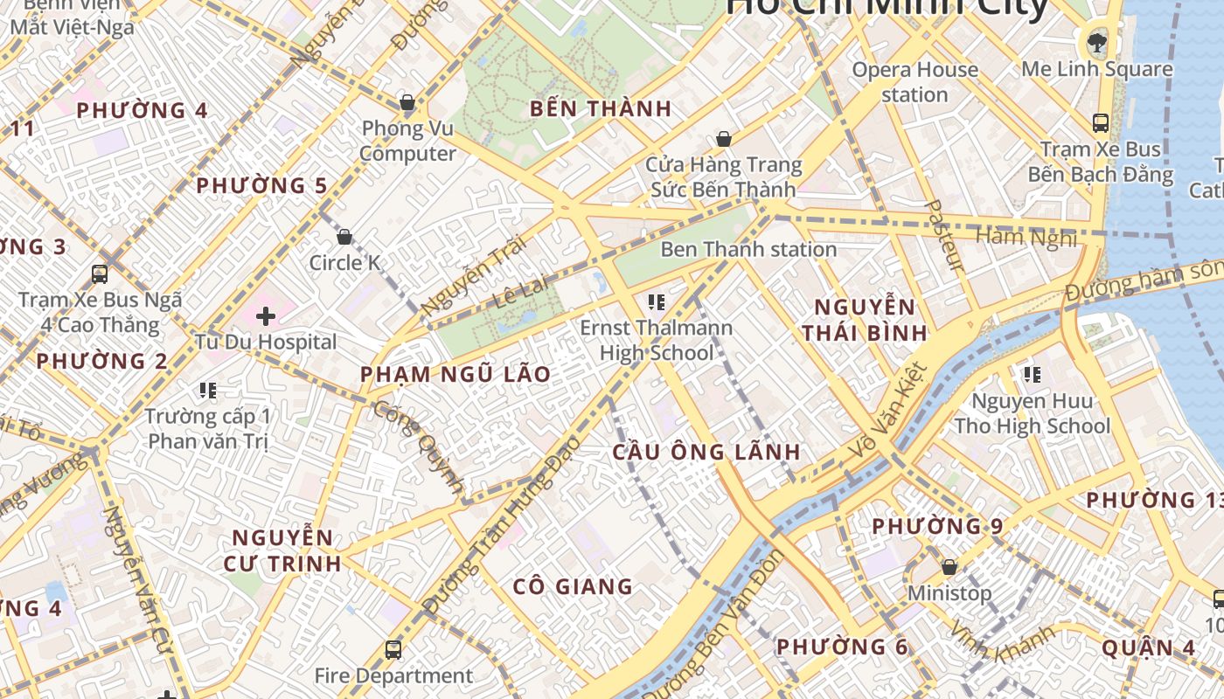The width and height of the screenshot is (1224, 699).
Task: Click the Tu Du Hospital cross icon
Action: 266,316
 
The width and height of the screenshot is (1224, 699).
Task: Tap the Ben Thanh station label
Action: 748,250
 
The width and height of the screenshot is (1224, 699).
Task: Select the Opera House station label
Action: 915,82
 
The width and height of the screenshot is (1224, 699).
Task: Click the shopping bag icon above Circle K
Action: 344,237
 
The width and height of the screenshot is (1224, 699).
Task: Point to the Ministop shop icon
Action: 949,568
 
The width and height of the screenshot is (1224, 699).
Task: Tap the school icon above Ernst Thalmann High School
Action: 656,303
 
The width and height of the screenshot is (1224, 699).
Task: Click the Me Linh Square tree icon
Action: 1095,41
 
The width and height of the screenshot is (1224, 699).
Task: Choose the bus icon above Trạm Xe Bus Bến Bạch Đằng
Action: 1100,123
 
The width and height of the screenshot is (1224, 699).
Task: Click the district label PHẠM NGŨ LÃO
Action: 456,375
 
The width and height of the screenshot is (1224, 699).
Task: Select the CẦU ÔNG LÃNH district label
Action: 706,452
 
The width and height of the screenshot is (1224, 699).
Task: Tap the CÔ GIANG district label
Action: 573,586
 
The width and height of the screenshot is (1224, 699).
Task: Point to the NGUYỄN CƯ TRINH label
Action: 282,550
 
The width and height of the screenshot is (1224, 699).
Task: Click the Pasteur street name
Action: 943,236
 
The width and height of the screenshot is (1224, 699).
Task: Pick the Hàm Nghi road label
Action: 1026,237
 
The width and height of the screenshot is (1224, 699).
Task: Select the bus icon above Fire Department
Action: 393,650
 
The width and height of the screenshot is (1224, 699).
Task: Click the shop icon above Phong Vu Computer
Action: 407,103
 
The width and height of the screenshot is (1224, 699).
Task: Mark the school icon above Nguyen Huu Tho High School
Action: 1032,375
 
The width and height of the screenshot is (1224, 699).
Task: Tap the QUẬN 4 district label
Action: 1148,648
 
